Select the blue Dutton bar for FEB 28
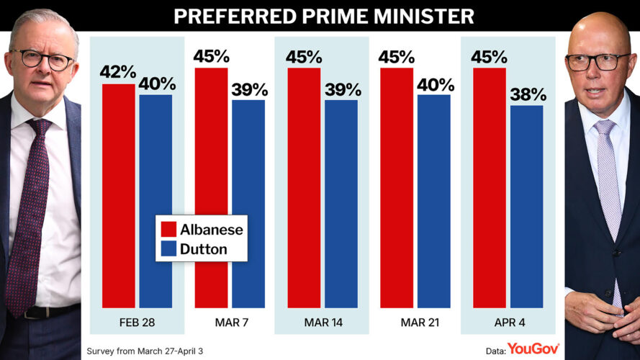pyautogui.click(x=156, y=201)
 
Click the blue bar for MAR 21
pyautogui.click(x=433, y=201)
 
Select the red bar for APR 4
pyautogui.click(x=489, y=187)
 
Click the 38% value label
pyautogui.click(x=528, y=94)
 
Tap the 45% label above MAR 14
pyautogui.click(x=304, y=57)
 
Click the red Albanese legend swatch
pyautogui.click(x=169, y=230)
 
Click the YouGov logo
pyautogui.click(x=533, y=349)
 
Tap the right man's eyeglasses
pyautogui.click(x=597, y=62)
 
